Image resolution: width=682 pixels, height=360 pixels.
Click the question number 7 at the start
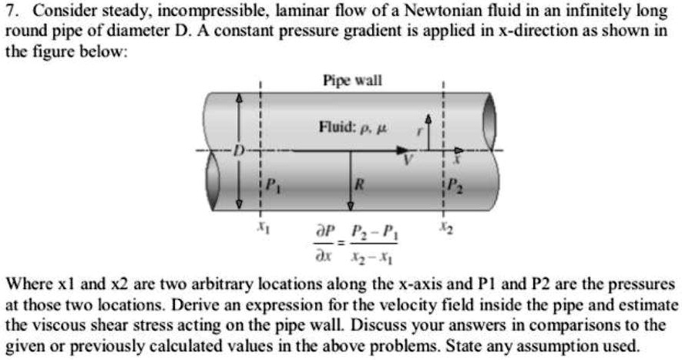tap(10, 12)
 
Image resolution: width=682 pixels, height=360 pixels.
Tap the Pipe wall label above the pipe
tap(352, 80)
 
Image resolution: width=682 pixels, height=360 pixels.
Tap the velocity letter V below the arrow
tap(409, 162)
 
